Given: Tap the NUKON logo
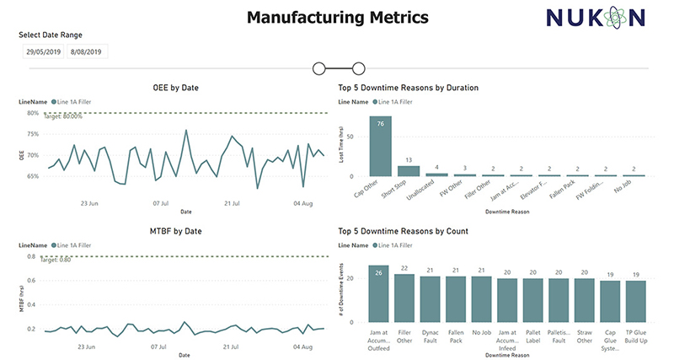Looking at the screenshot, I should point(594,18).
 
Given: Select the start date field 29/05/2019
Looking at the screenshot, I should point(44,52).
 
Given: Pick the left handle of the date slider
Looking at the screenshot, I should point(319,68).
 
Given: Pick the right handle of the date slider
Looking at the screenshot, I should point(358,68).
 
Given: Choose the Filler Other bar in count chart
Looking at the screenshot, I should point(404,298).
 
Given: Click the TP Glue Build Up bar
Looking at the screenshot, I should point(637,301).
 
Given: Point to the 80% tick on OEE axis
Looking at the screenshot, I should point(32,113).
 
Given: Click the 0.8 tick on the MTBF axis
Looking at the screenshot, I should point(30,256).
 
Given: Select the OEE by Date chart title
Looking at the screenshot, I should point(174,88).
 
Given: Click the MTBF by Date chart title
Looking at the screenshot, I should point(174,231).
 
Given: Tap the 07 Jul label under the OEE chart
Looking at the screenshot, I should point(162,202).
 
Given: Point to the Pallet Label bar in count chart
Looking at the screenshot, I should point(533,299).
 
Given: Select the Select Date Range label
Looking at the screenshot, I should point(51,35).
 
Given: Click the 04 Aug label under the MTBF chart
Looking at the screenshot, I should point(302,346).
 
